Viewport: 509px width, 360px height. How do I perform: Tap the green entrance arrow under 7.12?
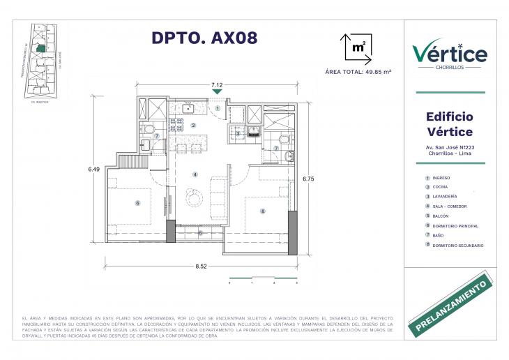click(217, 91)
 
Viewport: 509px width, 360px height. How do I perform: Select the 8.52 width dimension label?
click(202, 266)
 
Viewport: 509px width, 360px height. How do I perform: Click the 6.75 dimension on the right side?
click(308, 179)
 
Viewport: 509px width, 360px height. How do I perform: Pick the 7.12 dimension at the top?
click(217, 84)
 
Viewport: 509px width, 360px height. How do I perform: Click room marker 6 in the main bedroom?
click(138, 203)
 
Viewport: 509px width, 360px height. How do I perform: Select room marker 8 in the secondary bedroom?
click(262, 211)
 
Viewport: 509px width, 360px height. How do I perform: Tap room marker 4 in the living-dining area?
click(195, 174)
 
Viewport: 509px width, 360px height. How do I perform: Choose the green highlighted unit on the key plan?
click(41, 49)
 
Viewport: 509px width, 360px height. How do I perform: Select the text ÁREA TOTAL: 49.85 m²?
click(358, 72)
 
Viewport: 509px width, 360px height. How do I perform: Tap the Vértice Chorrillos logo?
click(450, 54)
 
